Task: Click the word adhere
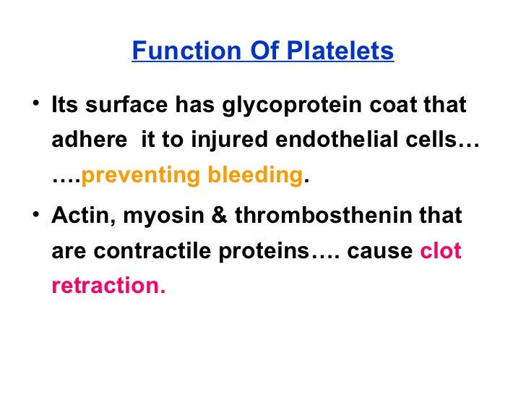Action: (87, 140)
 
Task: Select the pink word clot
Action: (441, 250)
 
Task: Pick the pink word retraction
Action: (108, 285)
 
